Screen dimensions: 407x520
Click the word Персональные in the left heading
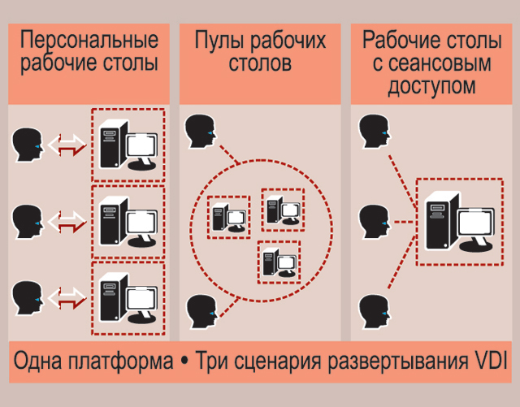pyautogui.click(x=89, y=40)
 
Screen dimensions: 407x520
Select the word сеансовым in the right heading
pyautogui.click(x=438, y=63)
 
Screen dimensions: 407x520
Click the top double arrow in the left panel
pyautogui.click(x=67, y=145)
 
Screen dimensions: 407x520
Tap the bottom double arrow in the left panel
pyautogui.click(x=67, y=294)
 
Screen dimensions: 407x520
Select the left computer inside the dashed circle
pyautogui.click(x=227, y=218)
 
